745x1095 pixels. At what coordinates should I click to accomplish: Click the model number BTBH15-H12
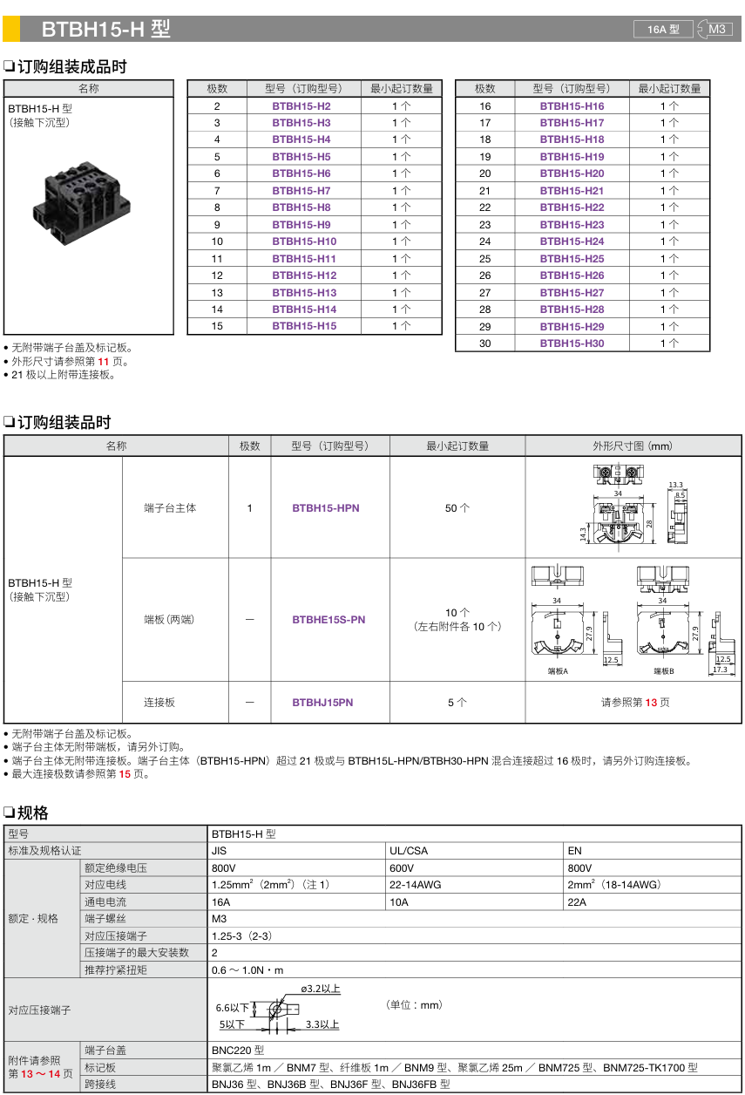tap(304, 275)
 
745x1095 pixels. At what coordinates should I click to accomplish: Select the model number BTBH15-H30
tap(572, 343)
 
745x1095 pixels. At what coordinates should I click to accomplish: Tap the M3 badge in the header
tap(716, 29)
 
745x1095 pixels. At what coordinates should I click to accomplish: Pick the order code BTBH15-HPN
tap(326, 508)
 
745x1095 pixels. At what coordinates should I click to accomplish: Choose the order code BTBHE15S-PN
tap(328, 620)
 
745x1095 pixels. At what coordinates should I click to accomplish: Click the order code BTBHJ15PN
tap(323, 703)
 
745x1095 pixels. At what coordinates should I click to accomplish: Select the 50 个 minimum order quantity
tap(457, 508)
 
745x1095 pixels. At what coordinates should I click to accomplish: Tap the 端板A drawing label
tap(558, 672)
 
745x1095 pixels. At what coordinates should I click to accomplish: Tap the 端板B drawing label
tap(664, 672)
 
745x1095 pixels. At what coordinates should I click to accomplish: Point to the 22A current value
tap(577, 902)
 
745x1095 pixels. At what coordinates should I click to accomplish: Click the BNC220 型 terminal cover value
tap(238, 1051)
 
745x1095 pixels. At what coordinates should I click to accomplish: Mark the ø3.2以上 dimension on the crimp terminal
tap(320, 989)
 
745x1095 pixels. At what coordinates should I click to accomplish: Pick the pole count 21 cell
tap(485, 191)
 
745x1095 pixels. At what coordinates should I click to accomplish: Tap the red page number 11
tap(103, 361)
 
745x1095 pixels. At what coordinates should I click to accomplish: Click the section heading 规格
tap(32, 813)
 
